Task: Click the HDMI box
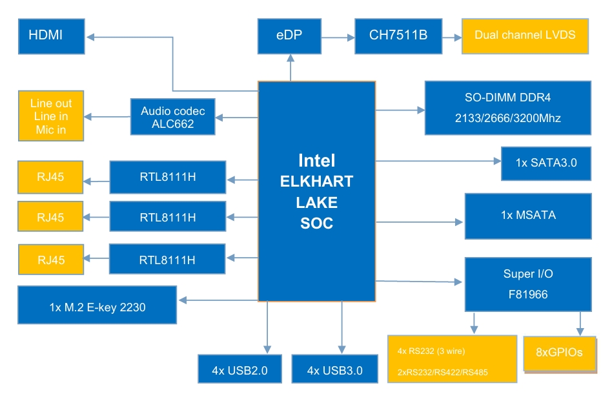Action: tap(52, 36)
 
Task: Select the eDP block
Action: tap(289, 36)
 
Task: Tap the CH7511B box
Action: tap(398, 36)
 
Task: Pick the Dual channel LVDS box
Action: tap(524, 36)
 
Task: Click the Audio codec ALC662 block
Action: tap(172, 117)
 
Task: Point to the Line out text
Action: tap(51, 103)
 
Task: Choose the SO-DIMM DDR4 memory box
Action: tap(507, 108)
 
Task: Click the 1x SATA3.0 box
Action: tap(546, 163)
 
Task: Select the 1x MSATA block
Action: tap(527, 215)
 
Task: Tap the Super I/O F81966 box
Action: tap(527, 284)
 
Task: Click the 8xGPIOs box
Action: tap(559, 353)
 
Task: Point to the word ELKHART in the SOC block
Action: tap(316, 181)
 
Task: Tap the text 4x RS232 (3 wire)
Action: tap(431, 351)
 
